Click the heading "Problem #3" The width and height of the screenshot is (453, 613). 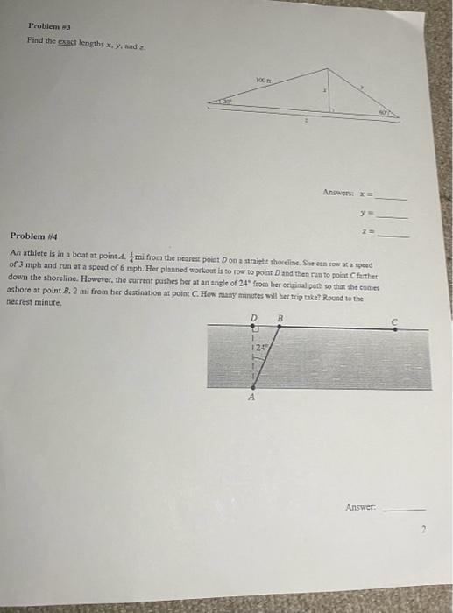(41, 27)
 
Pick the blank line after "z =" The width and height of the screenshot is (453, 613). (393, 234)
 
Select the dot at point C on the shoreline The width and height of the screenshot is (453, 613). (393, 329)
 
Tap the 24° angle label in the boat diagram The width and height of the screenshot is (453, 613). (261, 348)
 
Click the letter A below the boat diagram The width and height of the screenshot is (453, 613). (252, 397)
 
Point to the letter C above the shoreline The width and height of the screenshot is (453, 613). (393, 321)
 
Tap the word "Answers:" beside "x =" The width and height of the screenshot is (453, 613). (339, 191)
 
